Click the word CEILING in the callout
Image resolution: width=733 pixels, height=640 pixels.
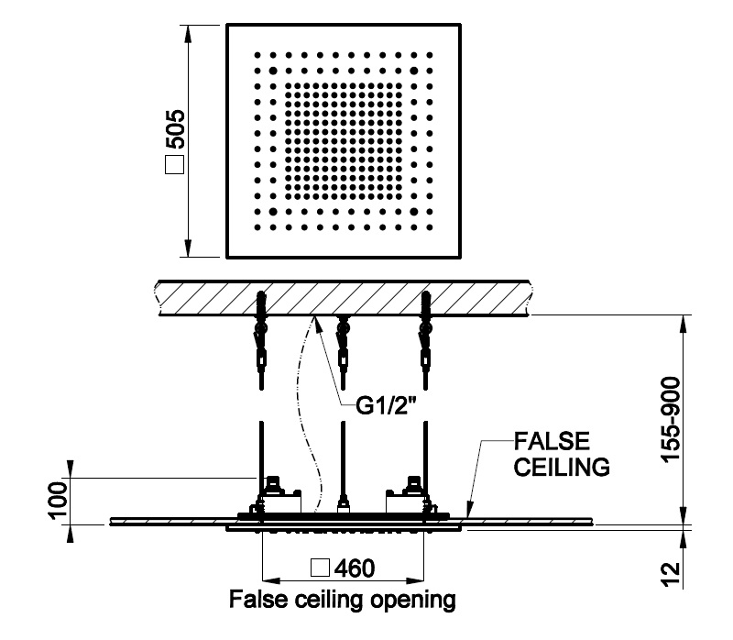point(561,468)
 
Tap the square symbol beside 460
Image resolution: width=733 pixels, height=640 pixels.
point(320,568)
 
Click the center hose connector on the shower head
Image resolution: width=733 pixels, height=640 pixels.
point(344,502)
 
